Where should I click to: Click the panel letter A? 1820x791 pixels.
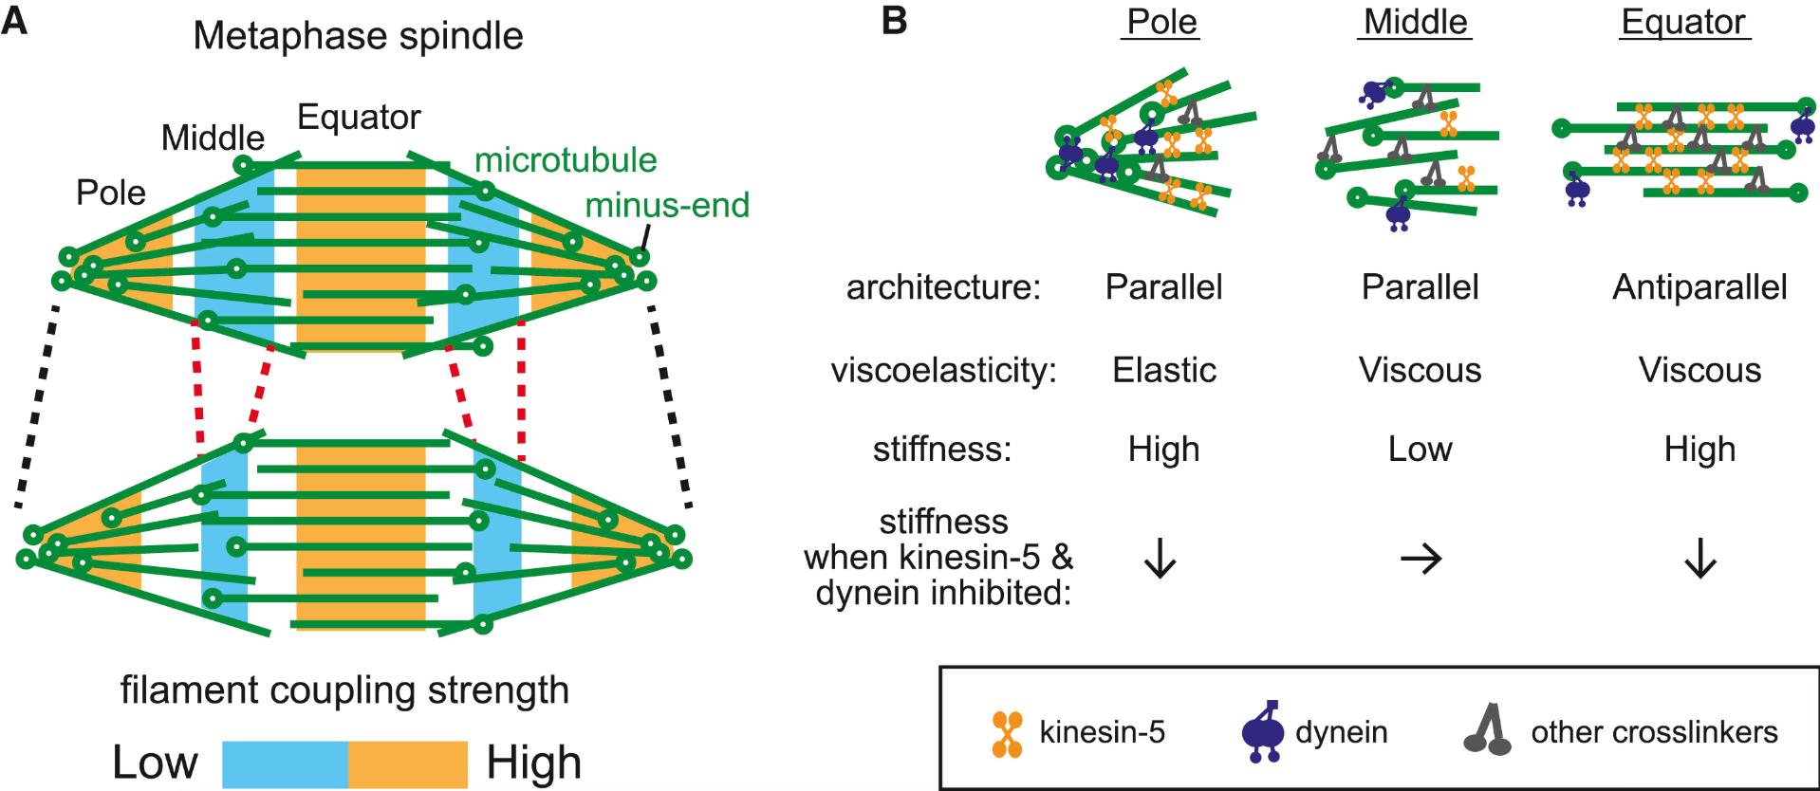[x=15, y=21]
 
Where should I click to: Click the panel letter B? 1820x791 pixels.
[x=894, y=21]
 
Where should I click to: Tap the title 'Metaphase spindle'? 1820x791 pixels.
[x=358, y=36]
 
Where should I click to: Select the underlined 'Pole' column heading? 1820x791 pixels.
[x=1162, y=22]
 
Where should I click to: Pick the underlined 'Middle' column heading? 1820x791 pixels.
[x=1415, y=22]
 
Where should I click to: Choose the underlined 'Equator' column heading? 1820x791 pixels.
[x=1683, y=22]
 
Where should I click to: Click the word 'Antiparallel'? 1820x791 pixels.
[x=1699, y=287]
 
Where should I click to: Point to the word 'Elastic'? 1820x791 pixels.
[x=1163, y=370]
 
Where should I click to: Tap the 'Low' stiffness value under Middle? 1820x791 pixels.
[x=1420, y=449]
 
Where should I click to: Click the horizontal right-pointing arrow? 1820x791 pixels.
[x=1421, y=561]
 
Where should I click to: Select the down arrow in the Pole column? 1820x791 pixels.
[x=1160, y=561]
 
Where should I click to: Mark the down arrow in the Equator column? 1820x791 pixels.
[x=1699, y=561]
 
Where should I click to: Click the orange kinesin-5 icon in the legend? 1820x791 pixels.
[x=1008, y=733]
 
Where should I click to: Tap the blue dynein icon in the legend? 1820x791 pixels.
[x=1264, y=731]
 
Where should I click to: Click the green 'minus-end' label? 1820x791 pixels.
[x=667, y=205]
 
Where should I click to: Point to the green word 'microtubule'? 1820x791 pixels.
[x=566, y=160]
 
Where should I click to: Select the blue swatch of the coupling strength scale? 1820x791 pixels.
[x=285, y=763]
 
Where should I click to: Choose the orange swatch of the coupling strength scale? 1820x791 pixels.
[x=408, y=763]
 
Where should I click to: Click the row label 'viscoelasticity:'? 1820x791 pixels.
[x=943, y=370]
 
